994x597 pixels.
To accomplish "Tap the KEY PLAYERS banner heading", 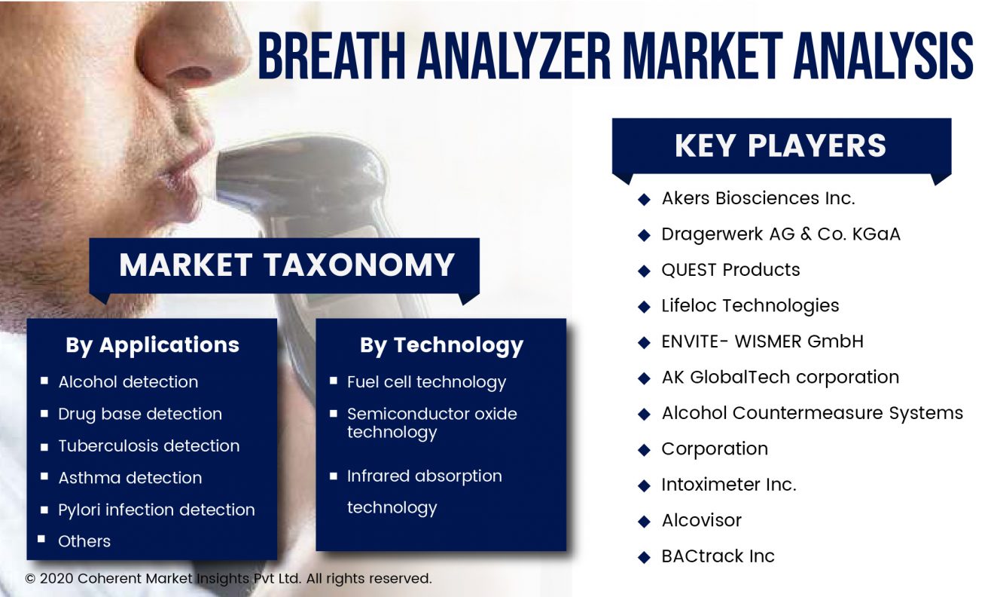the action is [781, 145].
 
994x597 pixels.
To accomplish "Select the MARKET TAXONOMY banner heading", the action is [287, 265].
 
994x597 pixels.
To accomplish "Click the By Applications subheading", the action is [152, 345].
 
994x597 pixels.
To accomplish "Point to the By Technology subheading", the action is [441, 345].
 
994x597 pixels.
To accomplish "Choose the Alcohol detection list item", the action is [128, 382].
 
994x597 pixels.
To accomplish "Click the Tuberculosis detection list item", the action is [148, 446].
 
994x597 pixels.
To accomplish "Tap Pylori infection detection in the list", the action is [157, 510].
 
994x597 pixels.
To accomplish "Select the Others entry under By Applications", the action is [84, 541].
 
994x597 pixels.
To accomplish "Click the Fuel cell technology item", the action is [426, 382].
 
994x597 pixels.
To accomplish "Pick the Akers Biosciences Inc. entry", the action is [758, 198].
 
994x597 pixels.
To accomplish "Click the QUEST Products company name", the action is [731, 270].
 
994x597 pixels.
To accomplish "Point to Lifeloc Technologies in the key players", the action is [750, 306].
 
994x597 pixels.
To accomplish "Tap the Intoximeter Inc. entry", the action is [729, 485].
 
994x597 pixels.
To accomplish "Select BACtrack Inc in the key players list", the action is [718, 556].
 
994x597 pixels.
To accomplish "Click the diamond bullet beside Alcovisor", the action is [644, 521].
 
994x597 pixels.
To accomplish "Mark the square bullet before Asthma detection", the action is [44, 476].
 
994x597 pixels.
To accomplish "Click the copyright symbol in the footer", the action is [30, 579].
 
